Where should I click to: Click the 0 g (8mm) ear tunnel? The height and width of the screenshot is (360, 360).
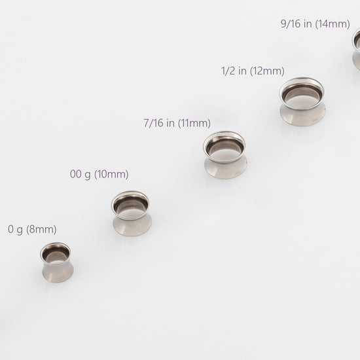(x=57, y=262)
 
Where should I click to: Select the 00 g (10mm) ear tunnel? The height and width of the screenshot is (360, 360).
(x=132, y=213)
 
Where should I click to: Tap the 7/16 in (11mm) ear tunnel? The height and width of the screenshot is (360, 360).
(x=225, y=155)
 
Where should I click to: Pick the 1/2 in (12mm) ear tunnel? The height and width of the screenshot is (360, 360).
(x=302, y=101)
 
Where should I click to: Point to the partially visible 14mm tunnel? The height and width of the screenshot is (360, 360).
(x=357, y=49)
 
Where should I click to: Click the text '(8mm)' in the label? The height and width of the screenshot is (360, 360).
(x=41, y=229)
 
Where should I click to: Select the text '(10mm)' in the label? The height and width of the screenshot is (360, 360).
(x=111, y=174)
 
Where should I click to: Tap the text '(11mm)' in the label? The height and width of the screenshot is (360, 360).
(x=194, y=123)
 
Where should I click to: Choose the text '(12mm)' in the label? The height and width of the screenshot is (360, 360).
(x=267, y=71)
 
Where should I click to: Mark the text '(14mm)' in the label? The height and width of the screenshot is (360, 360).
(x=333, y=24)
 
